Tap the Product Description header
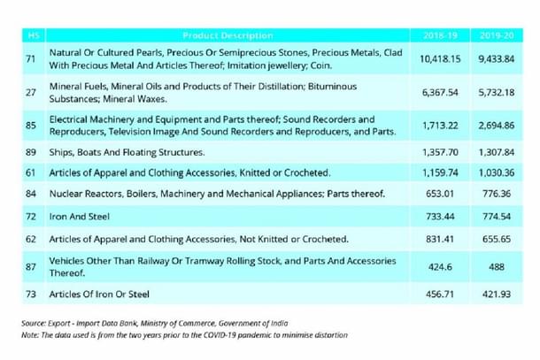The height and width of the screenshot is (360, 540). coord(228,34)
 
